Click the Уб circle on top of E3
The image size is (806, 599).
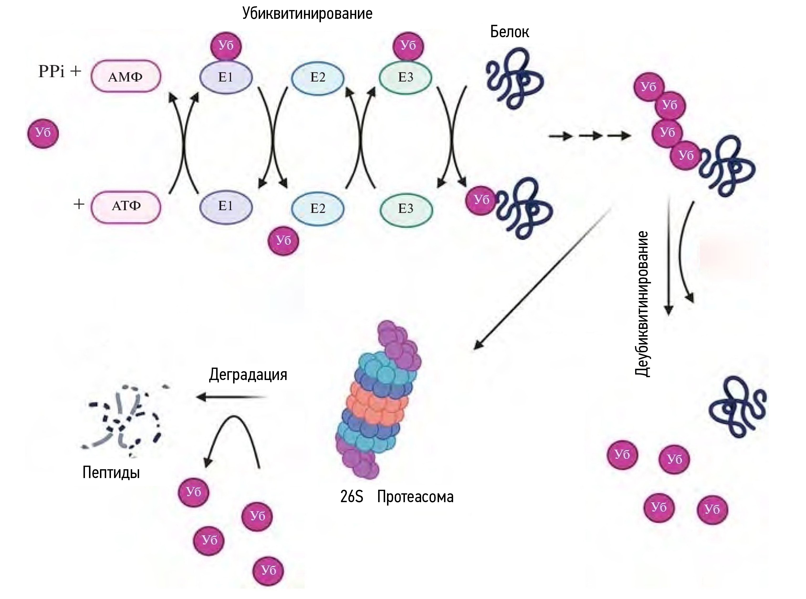coord(408,46)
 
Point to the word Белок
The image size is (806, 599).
coord(509,32)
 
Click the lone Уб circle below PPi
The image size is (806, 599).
coord(43,133)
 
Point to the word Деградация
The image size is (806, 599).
coord(248,375)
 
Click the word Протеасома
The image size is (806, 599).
coord(415,497)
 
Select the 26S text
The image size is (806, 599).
coord(351,497)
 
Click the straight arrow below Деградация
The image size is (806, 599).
coord(232,397)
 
